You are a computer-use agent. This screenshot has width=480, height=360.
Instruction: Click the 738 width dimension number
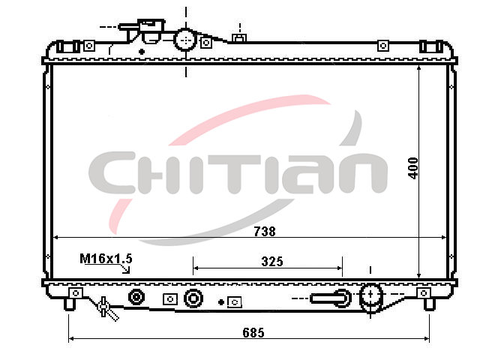click(265, 231)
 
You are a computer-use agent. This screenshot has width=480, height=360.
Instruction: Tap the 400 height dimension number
click(413, 168)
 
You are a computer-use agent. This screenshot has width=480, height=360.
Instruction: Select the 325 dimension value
click(272, 262)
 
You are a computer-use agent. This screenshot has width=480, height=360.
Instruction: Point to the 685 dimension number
click(253, 332)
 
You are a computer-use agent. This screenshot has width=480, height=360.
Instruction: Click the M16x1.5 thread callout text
click(106, 259)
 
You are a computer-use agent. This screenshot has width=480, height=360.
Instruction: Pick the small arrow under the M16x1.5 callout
click(126, 269)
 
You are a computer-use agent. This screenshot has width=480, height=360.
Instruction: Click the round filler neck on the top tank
click(185, 40)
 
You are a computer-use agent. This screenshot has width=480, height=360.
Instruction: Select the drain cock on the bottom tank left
click(106, 307)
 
